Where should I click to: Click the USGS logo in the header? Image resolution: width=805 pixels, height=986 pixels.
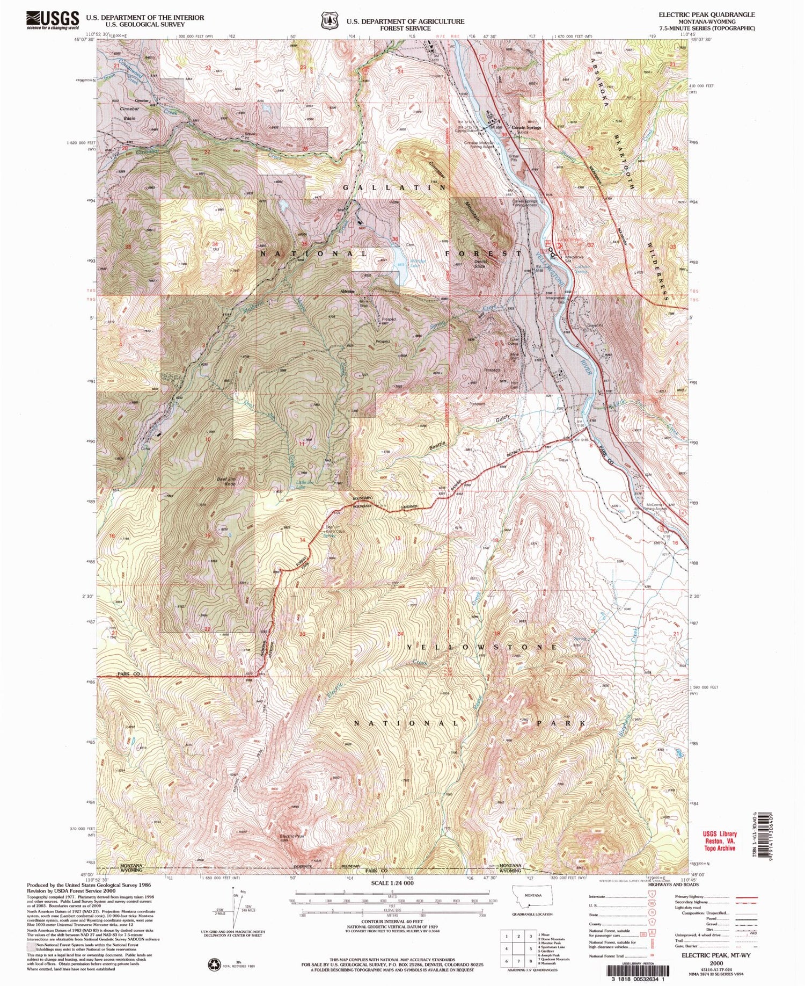click(x=52, y=20)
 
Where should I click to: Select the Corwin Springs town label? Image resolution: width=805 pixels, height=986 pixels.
click(x=526, y=128)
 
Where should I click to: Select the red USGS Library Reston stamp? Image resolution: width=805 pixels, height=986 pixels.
click(x=719, y=841)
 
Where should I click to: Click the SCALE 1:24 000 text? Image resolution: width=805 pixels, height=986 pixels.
click(x=393, y=882)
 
